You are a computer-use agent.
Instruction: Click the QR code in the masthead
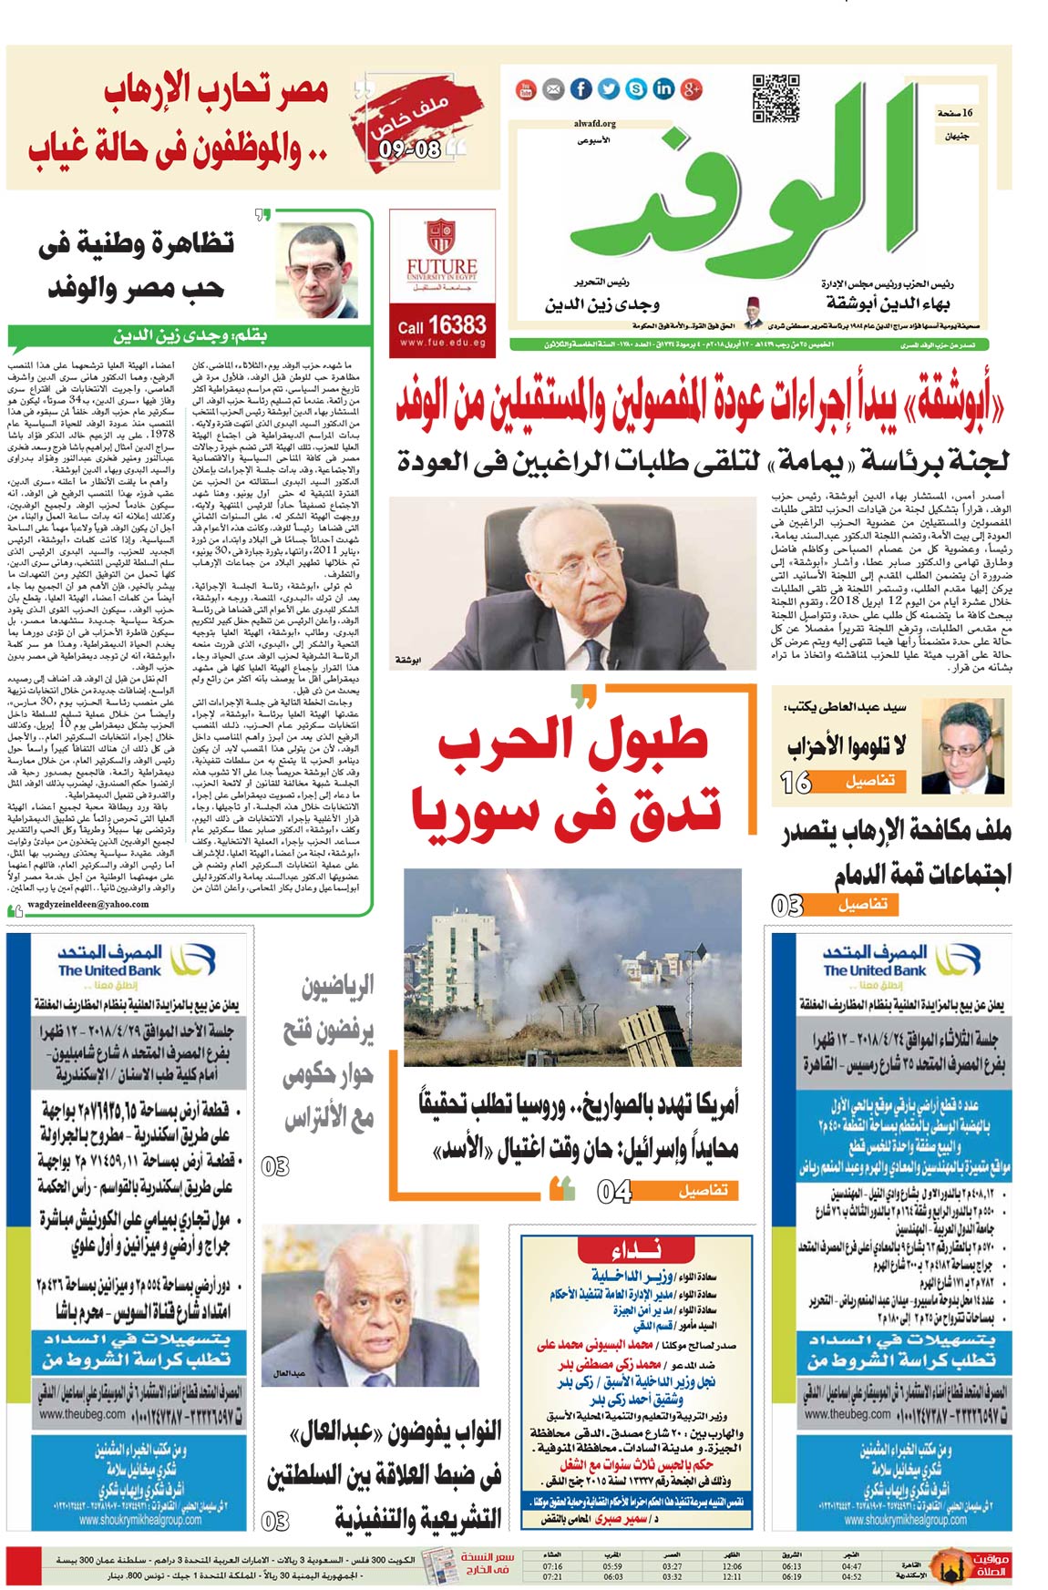point(776,99)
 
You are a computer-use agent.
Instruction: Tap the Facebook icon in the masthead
point(581,88)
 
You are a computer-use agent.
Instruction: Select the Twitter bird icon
point(609,88)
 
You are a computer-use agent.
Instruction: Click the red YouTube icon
point(527,88)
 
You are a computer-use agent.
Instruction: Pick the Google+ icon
point(691,88)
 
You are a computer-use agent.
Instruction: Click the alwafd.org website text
point(595,124)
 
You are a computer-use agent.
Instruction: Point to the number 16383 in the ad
point(457,324)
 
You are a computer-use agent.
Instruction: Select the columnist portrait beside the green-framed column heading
point(319,271)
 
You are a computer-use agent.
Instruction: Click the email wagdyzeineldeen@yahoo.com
point(88,905)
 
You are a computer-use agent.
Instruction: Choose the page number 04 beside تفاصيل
point(614,1191)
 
